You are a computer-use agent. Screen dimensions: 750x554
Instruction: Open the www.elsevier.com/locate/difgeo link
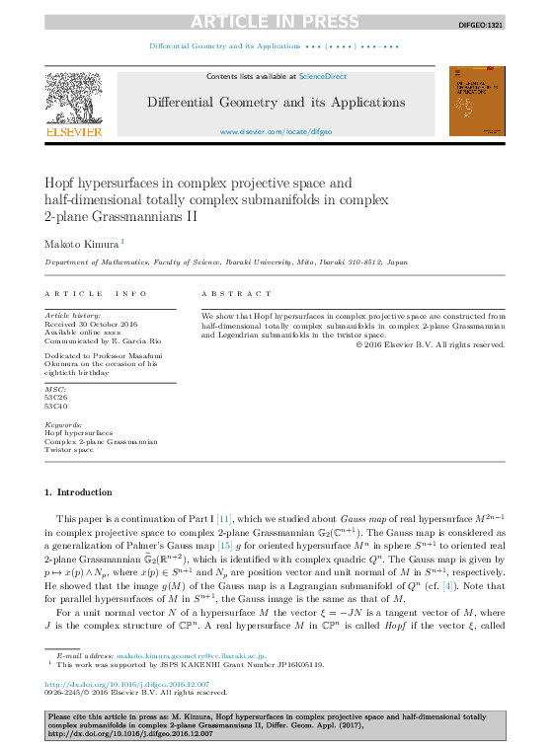276,131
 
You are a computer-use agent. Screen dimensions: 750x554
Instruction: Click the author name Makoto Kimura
81,243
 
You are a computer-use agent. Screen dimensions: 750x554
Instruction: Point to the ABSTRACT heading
236,294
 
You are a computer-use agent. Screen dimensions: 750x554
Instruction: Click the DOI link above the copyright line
127,683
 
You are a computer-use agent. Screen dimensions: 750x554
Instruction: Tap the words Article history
71,315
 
